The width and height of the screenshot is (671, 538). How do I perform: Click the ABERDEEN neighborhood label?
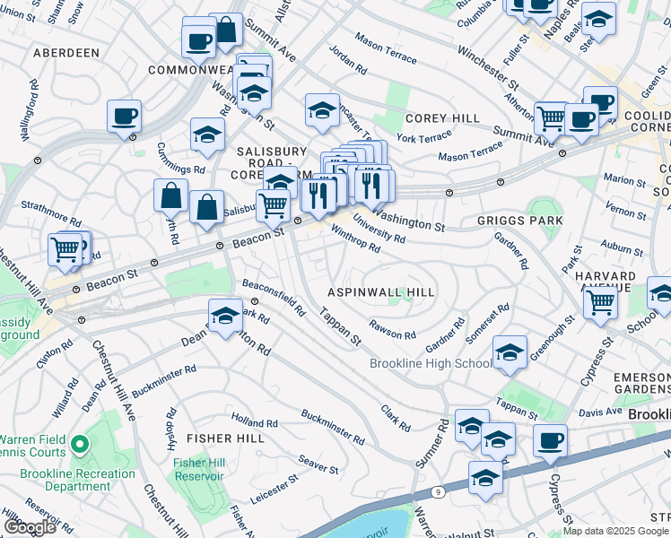coord(65,53)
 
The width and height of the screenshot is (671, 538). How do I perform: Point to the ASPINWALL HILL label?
coord(381,292)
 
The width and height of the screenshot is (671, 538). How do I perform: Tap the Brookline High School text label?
coord(431,363)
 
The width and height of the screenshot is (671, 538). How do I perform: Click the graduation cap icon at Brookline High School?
coord(510,353)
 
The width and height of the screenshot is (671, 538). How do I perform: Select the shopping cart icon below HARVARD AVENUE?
coord(600,302)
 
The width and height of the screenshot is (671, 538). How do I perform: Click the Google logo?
coord(30,527)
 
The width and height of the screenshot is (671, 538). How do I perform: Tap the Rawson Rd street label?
coord(393,330)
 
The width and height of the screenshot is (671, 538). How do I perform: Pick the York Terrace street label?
coord(424,138)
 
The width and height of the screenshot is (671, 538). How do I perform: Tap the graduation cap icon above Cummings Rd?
coord(207,135)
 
